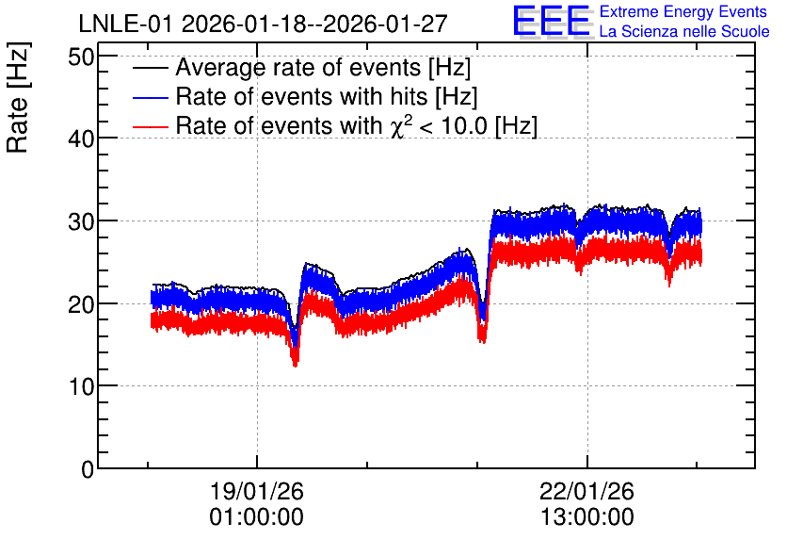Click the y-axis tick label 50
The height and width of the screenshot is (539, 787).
click(81, 57)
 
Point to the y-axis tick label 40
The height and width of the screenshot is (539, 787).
click(81, 139)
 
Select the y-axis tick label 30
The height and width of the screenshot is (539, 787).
click(81, 221)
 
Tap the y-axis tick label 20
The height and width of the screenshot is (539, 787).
click(81, 304)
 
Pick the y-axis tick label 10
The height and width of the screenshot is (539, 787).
click(81, 386)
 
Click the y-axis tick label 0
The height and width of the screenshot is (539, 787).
click(88, 469)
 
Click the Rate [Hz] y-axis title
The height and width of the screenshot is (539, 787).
click(18, 97)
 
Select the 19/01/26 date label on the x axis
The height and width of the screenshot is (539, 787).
click(256, 491)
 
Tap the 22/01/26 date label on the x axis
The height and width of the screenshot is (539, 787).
click(586, 491)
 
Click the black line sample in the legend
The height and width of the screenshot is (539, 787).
click(150, 68)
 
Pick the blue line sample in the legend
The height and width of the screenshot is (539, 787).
click(150, 97)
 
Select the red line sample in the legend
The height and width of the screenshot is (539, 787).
click(150, 126)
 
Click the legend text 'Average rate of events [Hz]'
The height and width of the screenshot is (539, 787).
click(323, 68)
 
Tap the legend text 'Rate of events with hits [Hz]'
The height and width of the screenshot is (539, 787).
click(327, 97)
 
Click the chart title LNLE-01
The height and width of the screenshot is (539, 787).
click(127, 24)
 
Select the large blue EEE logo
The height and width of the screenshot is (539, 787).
click(552, 21)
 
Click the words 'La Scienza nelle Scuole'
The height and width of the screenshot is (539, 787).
click(684, 31)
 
